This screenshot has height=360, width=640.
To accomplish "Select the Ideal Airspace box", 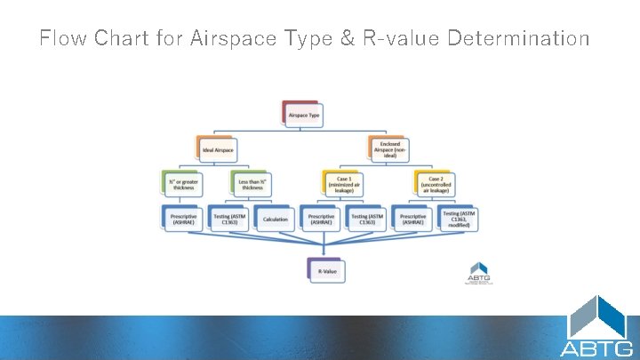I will [219, 150].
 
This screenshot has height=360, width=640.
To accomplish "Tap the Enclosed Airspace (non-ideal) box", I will [388, 149].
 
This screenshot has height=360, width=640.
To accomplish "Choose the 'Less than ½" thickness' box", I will [252, 184].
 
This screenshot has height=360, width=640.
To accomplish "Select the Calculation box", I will [276, 219].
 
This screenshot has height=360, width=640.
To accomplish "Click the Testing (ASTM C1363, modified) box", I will [458, 219].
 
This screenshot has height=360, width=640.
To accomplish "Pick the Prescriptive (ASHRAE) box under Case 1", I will [321, 219].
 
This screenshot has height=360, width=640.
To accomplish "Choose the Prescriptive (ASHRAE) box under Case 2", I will [412, 219].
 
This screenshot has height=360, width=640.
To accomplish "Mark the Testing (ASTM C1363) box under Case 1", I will [366, 219].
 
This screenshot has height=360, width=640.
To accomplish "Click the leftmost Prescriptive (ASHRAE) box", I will [183, 219].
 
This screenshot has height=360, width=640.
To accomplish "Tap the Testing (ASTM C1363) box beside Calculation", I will [229, 219].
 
